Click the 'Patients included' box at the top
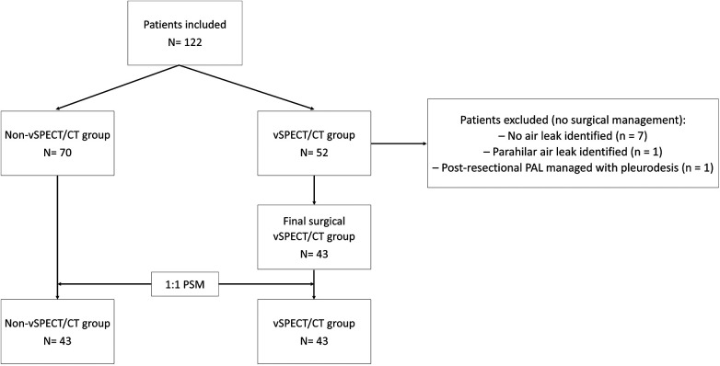pyautogui.click(x=184, y=33)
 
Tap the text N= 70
pyautogui.click(x=57, y=155)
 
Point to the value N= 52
pyautogui.click(x=314, y=155)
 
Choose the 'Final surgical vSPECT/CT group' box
pyautogui.click(x=314, y=236)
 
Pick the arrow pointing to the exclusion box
pyautogui.click(x=399, y=143)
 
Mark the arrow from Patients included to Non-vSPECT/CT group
pyautogui.click(x=117, y=87)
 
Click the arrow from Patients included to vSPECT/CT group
pyautogui.click(x=247, y=87)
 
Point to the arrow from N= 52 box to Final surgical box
pyautogui.click(x=314, y=189)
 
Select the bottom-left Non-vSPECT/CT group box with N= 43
pyautogui.click(x=57, y=332)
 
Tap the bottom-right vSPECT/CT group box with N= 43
pyautogui.click(x=314, y=332)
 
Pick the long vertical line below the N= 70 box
pyautogui.click(x=57, y=237)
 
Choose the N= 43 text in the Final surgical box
pyautogui.click(x=314, y=253)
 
